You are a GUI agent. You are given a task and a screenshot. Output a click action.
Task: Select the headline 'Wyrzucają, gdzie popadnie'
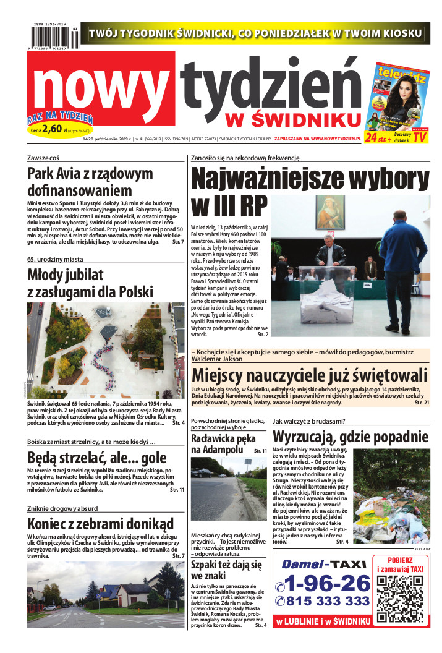click(x=351, y=437)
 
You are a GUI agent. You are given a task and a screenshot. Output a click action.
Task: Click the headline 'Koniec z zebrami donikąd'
click(x=100, y=523)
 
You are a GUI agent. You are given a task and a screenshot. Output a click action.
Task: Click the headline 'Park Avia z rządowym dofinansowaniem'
click(x=90, y=182)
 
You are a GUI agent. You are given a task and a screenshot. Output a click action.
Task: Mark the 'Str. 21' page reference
click(x=420, y=403)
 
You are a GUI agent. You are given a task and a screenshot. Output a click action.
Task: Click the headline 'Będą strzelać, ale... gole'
click(x=96, y=458)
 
